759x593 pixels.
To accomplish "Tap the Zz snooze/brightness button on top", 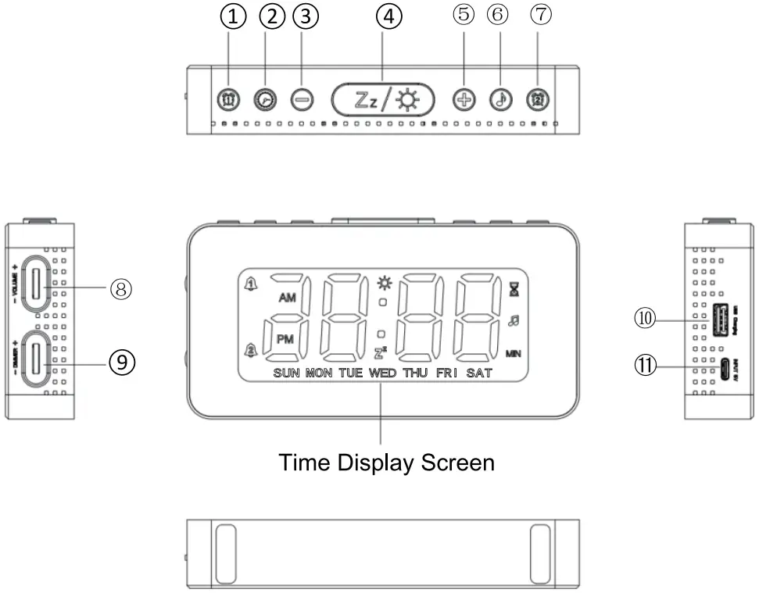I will coord(382,99).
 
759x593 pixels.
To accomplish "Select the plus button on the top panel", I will coord(464,99).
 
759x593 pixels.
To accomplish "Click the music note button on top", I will coord(500,99).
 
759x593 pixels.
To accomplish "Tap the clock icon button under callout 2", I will coord(265,99).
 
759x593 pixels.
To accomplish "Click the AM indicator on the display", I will coord(287,298).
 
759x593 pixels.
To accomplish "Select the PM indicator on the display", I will coord(287,339).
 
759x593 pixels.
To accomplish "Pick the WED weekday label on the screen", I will coord(382,373).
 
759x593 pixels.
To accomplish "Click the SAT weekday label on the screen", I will coord(479,373).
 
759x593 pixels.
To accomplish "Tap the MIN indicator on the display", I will coord(514,353).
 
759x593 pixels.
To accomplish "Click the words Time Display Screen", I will coord(387,463).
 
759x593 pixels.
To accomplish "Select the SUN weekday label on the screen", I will coord(287,373).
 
